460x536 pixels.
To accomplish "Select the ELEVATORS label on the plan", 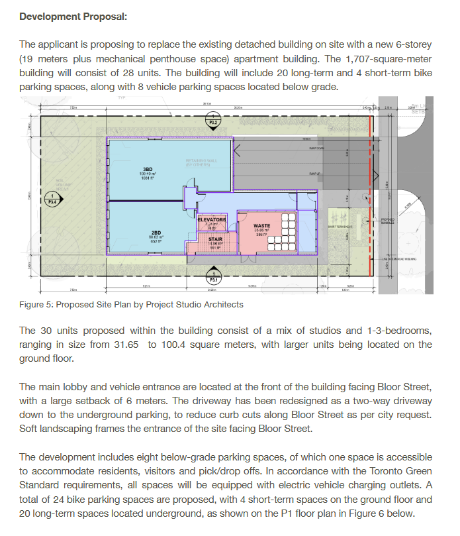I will (212, 219).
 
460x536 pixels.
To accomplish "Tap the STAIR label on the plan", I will (214, 239).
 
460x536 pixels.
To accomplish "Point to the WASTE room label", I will (261, 225).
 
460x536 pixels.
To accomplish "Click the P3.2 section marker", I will (213, 122).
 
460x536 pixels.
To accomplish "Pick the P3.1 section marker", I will (213, 279).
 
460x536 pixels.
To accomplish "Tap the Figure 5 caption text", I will (131, 305).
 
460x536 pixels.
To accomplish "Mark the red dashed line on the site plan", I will (368, 199).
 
